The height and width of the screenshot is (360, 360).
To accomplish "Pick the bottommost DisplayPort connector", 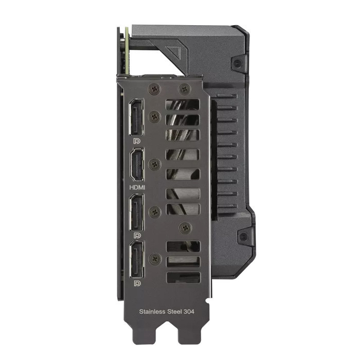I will point(137,261).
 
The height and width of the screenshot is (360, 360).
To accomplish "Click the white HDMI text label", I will point(137,188).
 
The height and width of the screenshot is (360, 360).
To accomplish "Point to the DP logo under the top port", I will point(137,140).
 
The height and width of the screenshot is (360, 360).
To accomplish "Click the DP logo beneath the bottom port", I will point(137,283).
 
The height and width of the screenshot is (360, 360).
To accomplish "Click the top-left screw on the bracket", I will point(152,89).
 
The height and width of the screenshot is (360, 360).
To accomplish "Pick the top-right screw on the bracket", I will point(183,89).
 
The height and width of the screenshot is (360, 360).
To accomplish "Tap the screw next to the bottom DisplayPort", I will point(153,259).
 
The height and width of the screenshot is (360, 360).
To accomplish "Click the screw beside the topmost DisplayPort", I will point(153,118).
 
